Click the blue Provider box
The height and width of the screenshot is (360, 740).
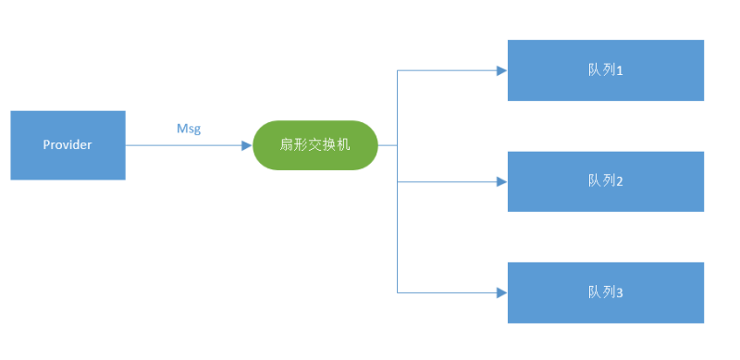point(68,144)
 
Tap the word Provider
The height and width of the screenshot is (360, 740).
point(68,145)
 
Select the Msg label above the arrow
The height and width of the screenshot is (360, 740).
point(189,129)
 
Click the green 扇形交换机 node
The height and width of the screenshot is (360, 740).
point(315,145)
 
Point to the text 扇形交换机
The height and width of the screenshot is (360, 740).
point(315,145)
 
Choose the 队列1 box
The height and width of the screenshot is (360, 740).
point(605,70)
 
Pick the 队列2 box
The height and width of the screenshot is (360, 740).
point(605,181)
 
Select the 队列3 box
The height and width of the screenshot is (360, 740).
point(605,292)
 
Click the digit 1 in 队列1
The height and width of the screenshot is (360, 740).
point(620,71)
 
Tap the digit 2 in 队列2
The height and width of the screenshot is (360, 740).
point(620,182)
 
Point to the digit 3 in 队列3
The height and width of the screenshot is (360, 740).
point(620,293)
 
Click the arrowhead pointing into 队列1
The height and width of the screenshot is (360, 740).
point(501,70)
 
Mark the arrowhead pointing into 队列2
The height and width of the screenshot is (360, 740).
point(501,181)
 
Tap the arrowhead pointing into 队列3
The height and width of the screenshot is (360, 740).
point(501,292)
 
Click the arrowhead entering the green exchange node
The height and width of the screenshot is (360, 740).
point(247,145)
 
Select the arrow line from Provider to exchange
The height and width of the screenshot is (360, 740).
point(185,145)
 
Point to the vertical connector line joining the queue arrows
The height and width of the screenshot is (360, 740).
point(398,222)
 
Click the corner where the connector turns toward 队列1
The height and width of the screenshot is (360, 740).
point(398,70)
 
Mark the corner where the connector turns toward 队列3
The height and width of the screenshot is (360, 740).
point(398,292)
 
